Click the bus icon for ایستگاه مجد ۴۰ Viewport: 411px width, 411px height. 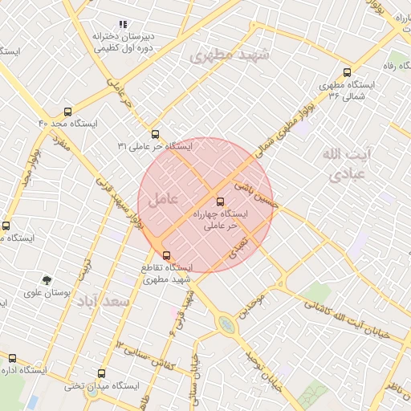pyautogui.click(x=67, y=112)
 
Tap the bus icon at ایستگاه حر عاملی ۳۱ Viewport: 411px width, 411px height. pyautogui.click(x=155, y=134)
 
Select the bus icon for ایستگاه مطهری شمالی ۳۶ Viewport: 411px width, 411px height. pyautogui.click(x=347, y=72)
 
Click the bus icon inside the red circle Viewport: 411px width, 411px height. pyautogui.click(x=221, y=201)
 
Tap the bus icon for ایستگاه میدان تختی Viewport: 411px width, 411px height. pyautogui.click(x=101, y=373)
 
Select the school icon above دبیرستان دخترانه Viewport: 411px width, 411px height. pyautogui.click(x=122, y=25)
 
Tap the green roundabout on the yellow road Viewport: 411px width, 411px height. pyautogui.click(x=227, y=325)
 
